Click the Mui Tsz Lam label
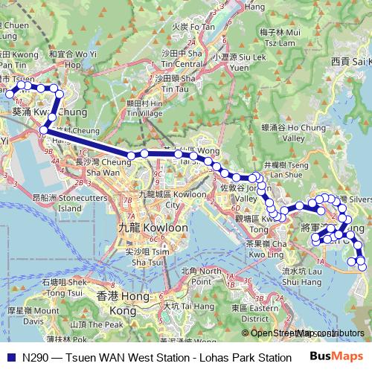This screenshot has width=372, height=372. pyautogui.click(x=278, y=37)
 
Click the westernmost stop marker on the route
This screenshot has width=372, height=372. pyautogui.click(x=10, y=94)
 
